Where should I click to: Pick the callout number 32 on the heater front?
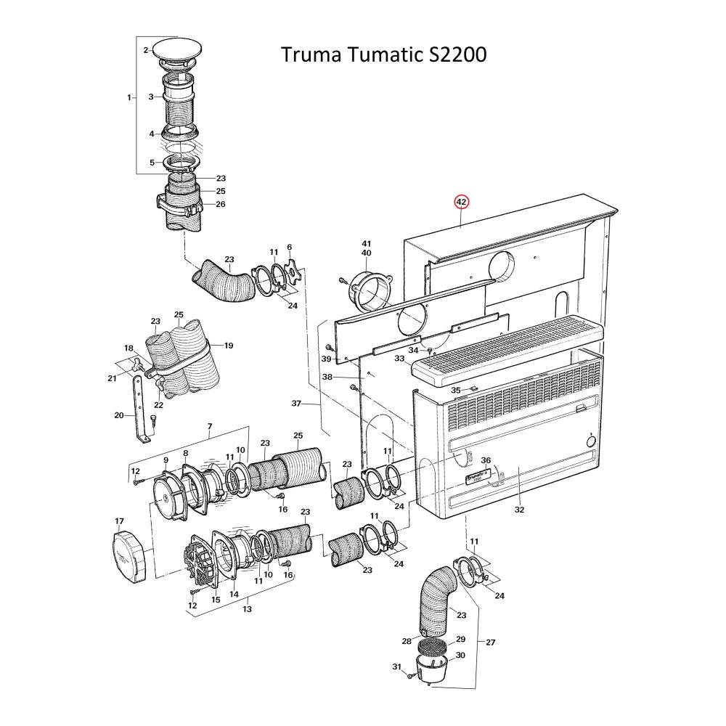point(518,510)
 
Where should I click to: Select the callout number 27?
point(491,642)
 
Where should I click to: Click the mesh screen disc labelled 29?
point(433,645)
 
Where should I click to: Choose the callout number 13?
point(247,608)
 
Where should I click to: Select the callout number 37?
point(295,403)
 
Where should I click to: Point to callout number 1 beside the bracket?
point(129,97)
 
